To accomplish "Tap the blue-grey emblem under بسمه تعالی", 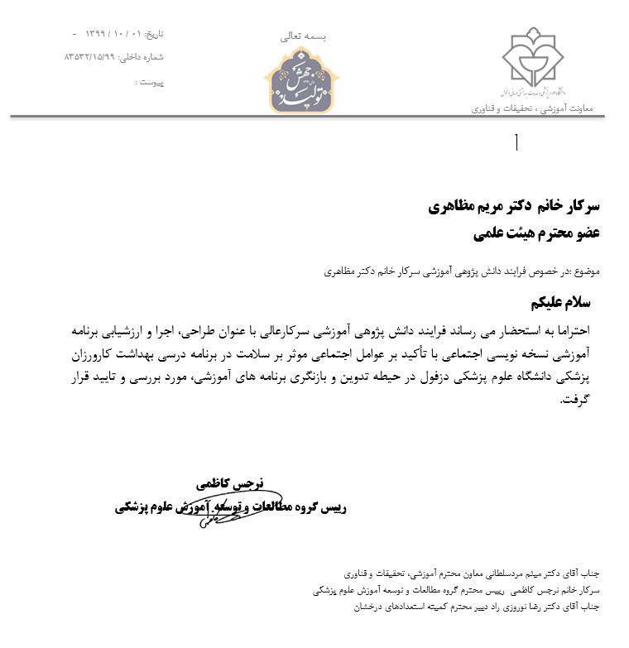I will pos(301,80).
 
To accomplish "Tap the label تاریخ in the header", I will pos(155,34).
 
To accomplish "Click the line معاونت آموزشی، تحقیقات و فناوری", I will pos(538,108).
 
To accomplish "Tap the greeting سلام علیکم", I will pos(567,302).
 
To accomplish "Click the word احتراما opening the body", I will pos(579,329).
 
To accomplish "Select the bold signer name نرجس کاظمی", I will pos(229,482).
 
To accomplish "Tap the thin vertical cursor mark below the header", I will pos(516,142).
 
